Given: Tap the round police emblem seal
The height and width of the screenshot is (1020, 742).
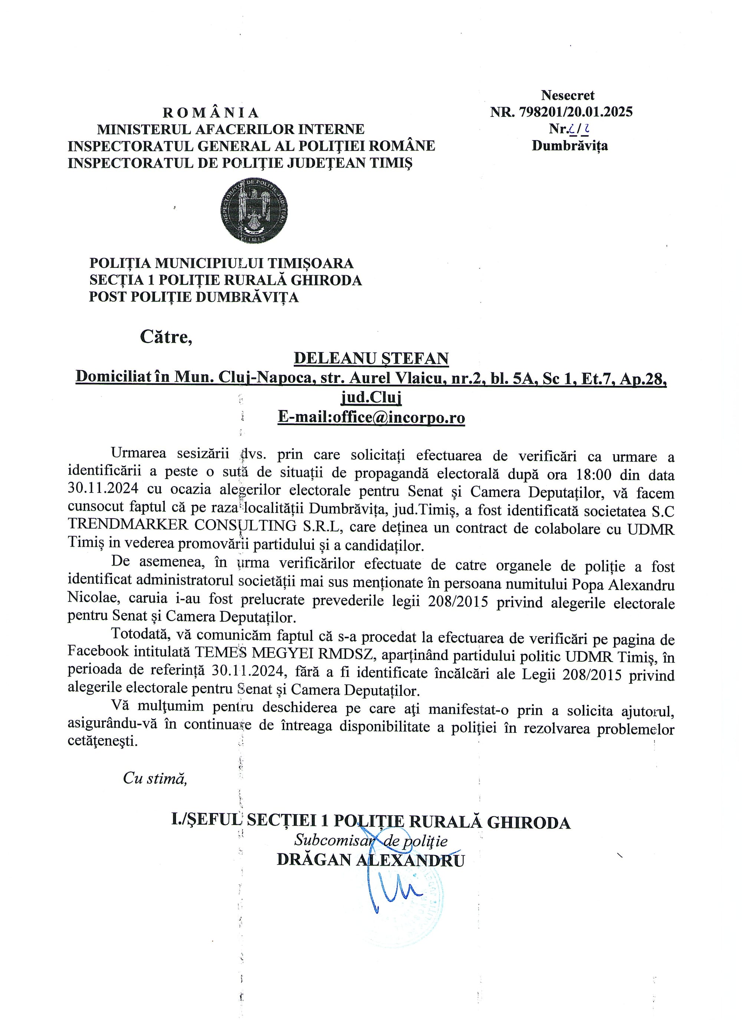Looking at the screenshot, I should (x=254, y=210).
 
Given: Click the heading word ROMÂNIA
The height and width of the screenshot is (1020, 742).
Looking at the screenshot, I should (x=211, y=112).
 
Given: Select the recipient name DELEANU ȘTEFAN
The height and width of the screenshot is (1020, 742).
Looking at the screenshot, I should (x=371, y=358).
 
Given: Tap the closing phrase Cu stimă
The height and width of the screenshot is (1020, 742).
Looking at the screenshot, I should (x=155, y=779).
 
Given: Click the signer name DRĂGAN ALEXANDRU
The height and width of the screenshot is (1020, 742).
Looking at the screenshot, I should (x=370, y=860).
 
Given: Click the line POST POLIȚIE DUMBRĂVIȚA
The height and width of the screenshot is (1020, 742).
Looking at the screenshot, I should (x=194, y=297).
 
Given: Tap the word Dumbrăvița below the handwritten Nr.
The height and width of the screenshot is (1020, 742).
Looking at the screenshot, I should (x=569, y=146).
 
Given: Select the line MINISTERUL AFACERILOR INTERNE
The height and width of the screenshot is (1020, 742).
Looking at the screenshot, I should (x=230, y=129).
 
